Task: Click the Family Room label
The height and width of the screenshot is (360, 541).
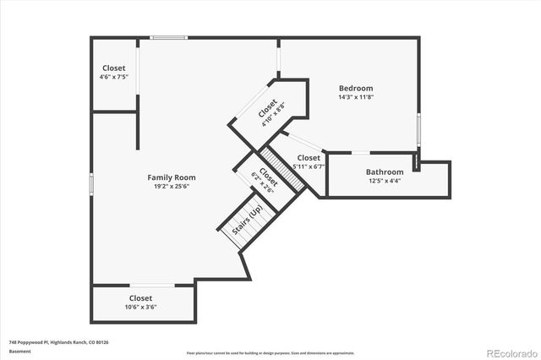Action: pyautogui.click(x=172, y=177)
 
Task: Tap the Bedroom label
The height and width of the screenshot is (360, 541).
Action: pyautogui.click(x=356, y=88)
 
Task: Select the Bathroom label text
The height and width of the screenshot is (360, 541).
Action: pyautogui.click(x=385, y=172)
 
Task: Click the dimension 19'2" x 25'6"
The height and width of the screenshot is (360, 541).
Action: pyautogui.click(x=172, y=188)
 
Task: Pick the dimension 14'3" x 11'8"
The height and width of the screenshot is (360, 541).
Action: pyautogui.click(x=356, y=97)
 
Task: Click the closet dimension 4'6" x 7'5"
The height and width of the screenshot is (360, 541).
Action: pyautogui.click(x=114, y=77)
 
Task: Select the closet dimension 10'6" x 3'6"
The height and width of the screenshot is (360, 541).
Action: pyautogui.click(x=140, y=308)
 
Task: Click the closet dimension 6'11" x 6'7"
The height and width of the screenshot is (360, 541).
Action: pyautogui.click(x=309, y=166)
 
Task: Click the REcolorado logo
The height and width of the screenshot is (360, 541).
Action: pyautogui.click(x=510, y=352)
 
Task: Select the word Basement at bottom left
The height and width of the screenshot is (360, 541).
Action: pyautogui.click(x=19, y=351)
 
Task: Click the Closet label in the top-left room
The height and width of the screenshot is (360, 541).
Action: pyautogui.click(x=114, y=68)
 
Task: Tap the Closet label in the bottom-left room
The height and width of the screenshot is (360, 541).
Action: pyautogui.click(x=140, y=297)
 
